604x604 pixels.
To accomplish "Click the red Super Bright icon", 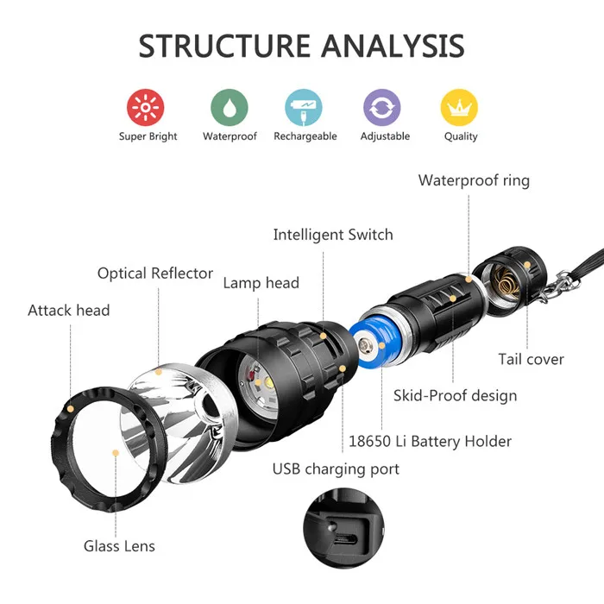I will pyautogui.click(x=146, y=108).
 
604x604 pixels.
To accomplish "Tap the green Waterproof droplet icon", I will pyautogui.click(x=230, y=108).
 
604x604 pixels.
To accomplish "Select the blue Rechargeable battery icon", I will pyautogui.click(x=304, y=108).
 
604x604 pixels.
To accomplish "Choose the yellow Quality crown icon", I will pyautogui.click(x=460, y=108).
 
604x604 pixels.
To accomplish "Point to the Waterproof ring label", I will pyautogui.click(x=474, y=180).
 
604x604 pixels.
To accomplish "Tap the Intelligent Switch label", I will pyautogui.click(x=332, y=235).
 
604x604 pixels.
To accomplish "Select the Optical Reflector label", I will pyautogui.click(x=155, y=274).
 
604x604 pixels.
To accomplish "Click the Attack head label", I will pyautogui.click(x=69, y=310).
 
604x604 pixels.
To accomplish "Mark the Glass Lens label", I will pyautogui.click(x=119, y=545).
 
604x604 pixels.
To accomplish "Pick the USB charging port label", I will pyautogui.click(x=336, y=469).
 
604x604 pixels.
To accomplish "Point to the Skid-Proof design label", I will pyautogui.click(x=455, y=396).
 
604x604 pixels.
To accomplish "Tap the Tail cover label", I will pyautogui.click(x=531, y=359).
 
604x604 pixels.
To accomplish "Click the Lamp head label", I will pyautogui.click(x=261, y=283).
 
